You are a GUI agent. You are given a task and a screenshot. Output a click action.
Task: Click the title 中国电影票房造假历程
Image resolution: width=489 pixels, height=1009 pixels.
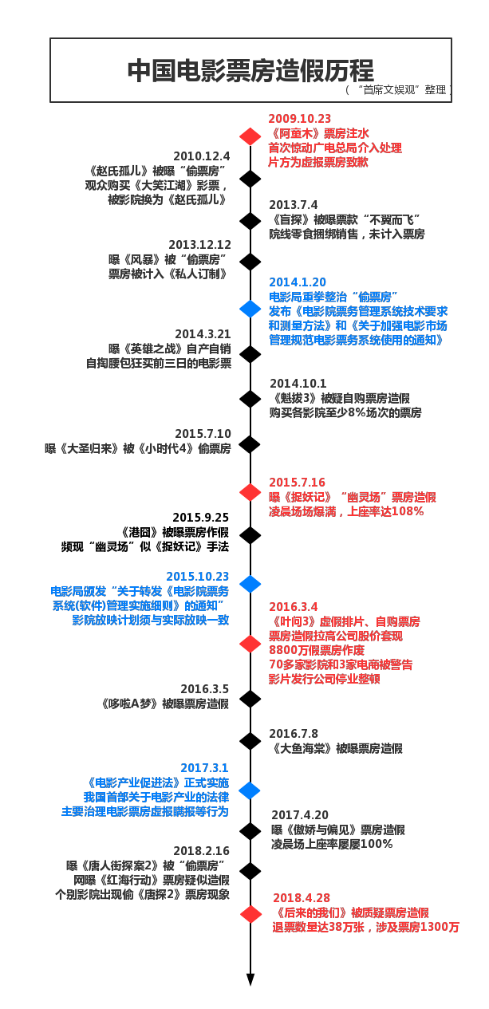(250, 71)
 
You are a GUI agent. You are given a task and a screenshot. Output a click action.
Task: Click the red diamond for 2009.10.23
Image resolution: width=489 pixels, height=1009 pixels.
(250, 136)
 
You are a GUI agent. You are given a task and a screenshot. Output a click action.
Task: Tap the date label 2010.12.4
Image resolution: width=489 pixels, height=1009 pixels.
(202, 156)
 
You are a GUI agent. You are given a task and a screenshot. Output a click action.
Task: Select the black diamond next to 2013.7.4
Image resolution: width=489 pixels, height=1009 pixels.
(250, 221)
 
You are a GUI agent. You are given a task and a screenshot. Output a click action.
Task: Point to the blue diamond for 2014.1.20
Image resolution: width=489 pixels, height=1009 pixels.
(250, 309)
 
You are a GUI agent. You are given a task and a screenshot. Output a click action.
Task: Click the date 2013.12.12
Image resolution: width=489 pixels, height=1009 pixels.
(199, 245)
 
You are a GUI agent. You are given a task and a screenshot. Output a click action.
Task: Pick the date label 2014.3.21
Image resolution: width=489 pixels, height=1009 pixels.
(203, 334)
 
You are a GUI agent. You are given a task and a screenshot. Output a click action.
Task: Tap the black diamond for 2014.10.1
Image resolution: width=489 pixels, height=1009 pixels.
(250, 399)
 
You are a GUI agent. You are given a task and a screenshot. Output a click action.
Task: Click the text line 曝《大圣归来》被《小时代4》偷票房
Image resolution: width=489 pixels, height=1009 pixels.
(137, 448)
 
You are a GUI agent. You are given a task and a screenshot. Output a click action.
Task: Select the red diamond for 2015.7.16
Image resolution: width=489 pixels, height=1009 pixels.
(250, 492)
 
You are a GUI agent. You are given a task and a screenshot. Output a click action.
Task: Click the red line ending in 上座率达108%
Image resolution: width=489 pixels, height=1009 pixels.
(346, 512)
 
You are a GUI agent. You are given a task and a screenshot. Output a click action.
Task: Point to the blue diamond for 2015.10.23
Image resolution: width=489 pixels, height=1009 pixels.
(250, 584)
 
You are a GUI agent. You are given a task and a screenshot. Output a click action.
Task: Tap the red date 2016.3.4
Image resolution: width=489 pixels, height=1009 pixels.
(294, 607)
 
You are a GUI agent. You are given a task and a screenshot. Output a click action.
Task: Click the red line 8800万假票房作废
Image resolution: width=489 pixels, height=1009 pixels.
(317, 650)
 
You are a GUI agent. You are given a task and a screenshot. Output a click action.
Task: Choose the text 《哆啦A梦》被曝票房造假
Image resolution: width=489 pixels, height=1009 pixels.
(164, 704)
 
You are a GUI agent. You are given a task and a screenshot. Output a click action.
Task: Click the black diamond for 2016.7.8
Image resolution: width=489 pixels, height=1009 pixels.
(250, 741)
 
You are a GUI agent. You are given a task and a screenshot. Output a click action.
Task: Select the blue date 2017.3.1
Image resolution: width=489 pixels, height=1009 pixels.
(204, 768)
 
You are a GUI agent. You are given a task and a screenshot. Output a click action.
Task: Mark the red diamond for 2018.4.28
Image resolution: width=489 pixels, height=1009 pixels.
(250, 914)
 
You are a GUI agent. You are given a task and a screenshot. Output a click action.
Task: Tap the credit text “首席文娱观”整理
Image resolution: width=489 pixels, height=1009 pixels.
(399, 90)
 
